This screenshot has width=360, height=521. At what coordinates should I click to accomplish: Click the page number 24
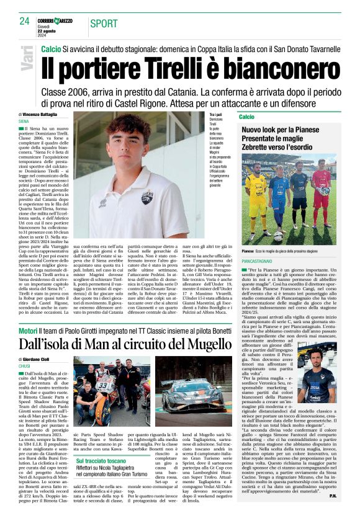(x=24, y=21)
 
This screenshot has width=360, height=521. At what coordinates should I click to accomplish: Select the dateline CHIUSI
(x=25, y=367)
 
